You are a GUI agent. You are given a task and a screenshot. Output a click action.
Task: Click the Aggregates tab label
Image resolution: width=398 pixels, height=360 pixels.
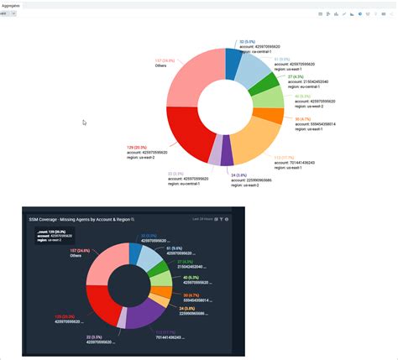point(12,5)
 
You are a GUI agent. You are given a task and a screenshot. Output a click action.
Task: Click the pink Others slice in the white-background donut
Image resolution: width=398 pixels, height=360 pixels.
point(191,81)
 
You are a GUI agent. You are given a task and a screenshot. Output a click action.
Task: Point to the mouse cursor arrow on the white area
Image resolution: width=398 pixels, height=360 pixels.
point(84,123)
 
